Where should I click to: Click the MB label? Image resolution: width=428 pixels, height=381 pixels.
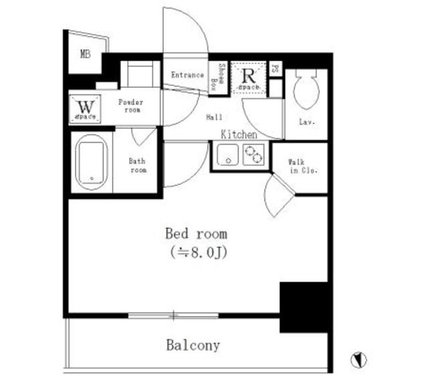[x=86, y=55]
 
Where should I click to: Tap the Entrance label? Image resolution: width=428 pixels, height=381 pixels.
[x=187, y=75]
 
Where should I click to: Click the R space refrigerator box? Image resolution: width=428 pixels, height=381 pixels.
[x=249, y=79]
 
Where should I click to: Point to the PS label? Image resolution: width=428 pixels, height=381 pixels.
[x=276, y=68]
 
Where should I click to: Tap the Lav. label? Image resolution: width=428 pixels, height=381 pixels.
[x=308, y=123]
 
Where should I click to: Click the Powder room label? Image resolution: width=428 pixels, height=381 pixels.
[x=131, y=106]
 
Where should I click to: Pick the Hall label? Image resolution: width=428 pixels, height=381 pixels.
[x=214, y=117]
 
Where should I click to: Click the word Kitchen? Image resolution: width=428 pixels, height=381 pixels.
[x=239, y=135]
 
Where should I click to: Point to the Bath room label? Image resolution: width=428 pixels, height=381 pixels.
[x=137, y=165]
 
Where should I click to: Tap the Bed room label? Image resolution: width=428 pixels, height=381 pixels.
[x=196, y=234]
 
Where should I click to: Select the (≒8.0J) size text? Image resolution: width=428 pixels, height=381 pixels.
[x=196, y=252]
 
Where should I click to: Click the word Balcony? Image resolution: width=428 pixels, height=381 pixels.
[x=193, y=346]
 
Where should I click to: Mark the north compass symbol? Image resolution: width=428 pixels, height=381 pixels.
[x=359, y=360]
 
